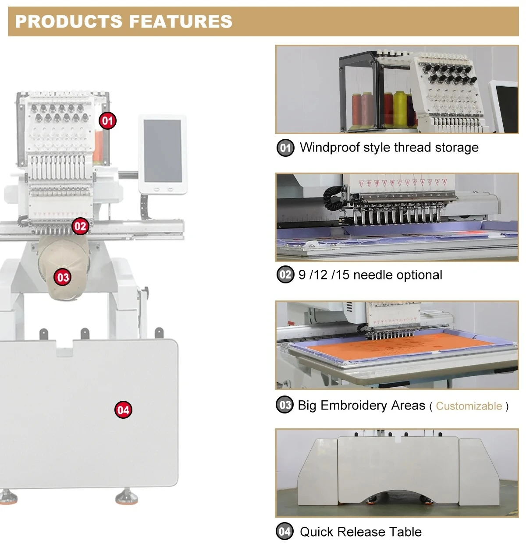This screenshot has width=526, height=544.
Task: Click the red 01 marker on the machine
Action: tap(108, 120)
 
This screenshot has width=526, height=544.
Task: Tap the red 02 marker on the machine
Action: tap(80, 226)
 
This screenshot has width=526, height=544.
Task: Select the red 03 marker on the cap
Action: tap(63, 277)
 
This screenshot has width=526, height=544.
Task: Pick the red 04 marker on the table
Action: tap(123, 410)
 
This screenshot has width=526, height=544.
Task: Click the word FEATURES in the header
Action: tap(181, 21)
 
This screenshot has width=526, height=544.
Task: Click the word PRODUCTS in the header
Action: tap(69, 21)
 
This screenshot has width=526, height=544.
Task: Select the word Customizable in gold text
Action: tap(469, 406)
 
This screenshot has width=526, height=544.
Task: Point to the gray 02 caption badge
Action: tap(285, 275)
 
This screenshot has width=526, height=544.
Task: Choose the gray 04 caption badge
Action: tap(285, 531)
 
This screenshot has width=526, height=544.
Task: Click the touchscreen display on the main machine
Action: tap(163, 151)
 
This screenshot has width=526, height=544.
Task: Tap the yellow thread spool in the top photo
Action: tap(399, 109)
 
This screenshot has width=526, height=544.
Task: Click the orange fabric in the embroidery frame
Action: tap(394, 346)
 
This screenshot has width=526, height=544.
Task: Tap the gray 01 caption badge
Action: tap(285, 148)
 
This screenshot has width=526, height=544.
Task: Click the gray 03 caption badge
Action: tap(285, 405)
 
